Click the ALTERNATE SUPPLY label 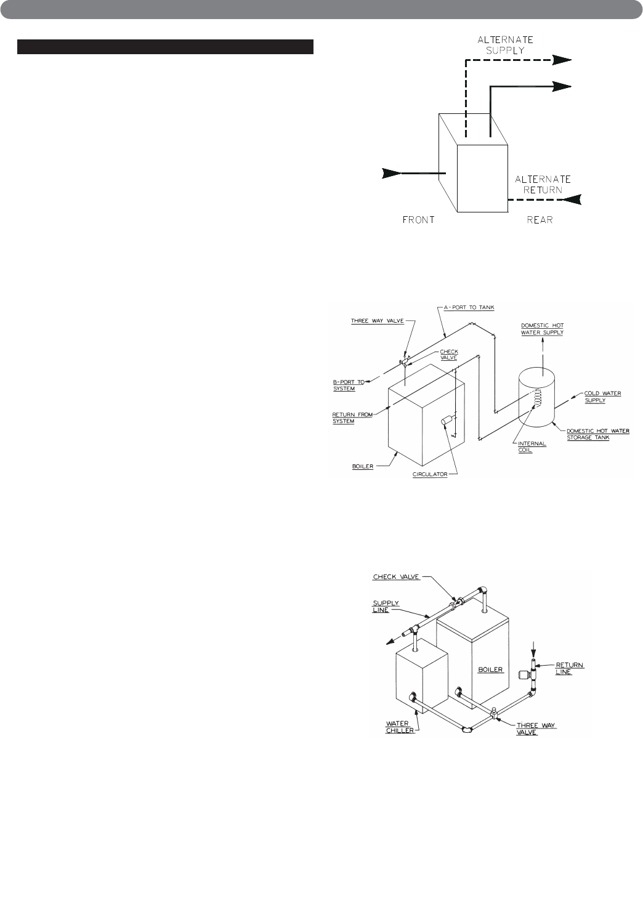[x=506, y=45]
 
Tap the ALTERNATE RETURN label [x=543, y=185]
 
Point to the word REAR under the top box [x=540, y=220]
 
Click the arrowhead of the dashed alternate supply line [x=562, y=60]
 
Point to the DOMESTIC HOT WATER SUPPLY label [x=542, y=329]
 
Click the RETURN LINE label [x=570, y=668]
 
